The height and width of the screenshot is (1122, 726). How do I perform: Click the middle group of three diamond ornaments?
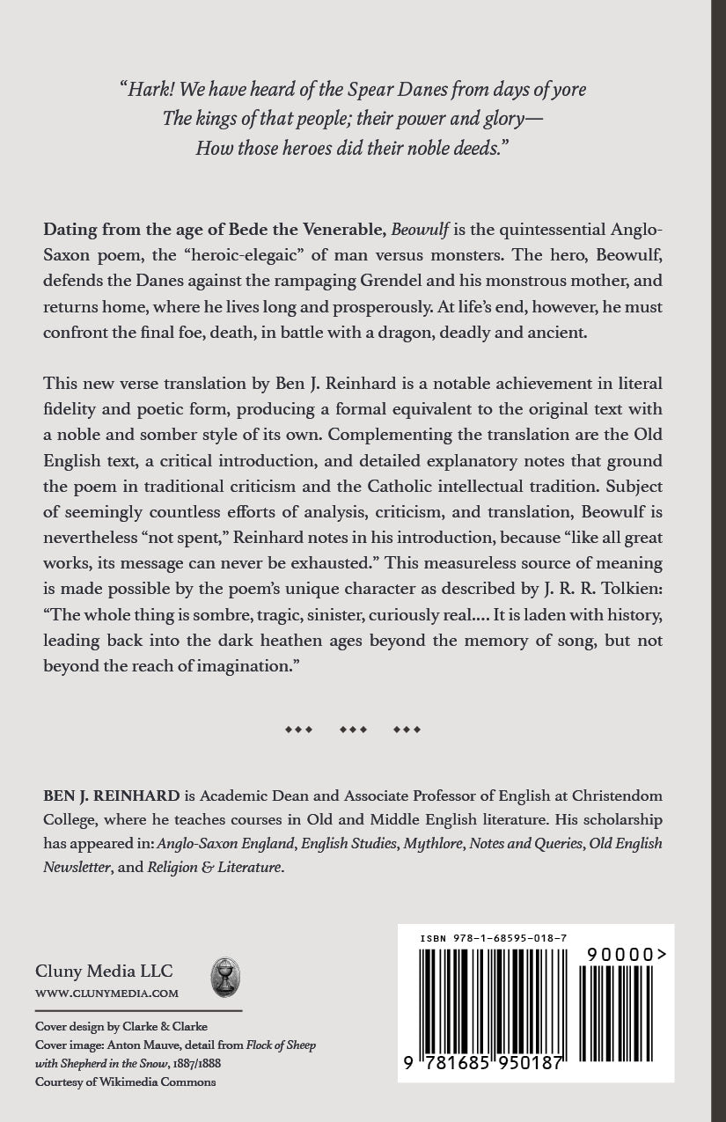pyautogui.click(x=353, y=730)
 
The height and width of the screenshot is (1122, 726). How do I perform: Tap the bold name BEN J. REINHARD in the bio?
pyautogui.click(x=112, y=796)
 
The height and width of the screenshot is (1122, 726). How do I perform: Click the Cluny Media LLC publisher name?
pyautogui.click(x=104, y=972)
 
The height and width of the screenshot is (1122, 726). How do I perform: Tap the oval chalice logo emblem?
pyautogui.click(x=225, y=978)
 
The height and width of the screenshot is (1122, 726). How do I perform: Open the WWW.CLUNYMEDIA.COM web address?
pyautogui.click(x=106, y=994)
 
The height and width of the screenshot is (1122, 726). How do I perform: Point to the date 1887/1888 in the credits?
pyautogui.click(x=196, y=1063)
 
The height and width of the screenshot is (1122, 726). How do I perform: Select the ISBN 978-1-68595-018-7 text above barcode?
pyautogui.click(x=493, y=938)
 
